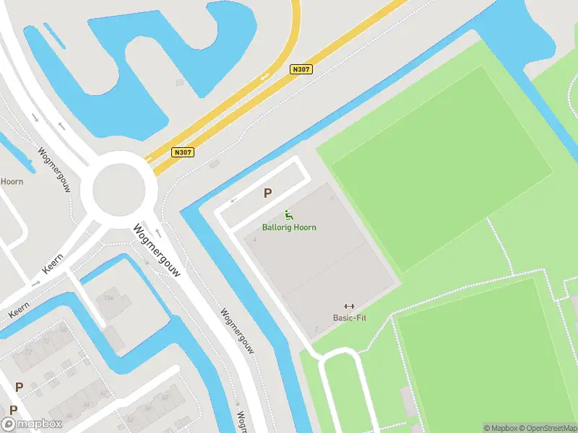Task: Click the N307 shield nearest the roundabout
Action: [x=183, y=152]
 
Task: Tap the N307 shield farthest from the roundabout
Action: [x=301, y=69]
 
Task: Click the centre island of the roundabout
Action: [x=118, y=191]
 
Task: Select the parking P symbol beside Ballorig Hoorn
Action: [x=267, y=193]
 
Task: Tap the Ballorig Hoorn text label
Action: [x=288, y=227]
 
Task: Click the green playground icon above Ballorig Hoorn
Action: [x=288, y=214]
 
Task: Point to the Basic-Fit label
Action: [x=349, y=318]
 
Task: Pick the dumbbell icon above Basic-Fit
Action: [x=349, y=306]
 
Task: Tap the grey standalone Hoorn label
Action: [x=11, y=181]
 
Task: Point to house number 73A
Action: [x=109, y=297]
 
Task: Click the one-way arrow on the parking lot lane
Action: [x=233, y=201]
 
